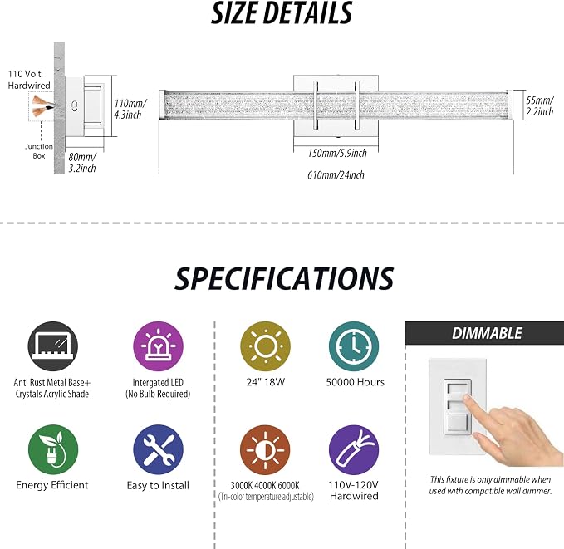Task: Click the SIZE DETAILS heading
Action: pyautogui.click(x=282, y=13)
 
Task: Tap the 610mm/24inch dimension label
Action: pyautogui.click(x=336, y=175)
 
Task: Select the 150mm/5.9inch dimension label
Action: pyautogui.click(x=337, y=154)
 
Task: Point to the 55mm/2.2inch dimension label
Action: pyautogui.click(x=540, y=105)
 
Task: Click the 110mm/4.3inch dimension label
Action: pyautogui.click(x=130, y=109)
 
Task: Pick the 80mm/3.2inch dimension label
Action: pyautogui.click(x=82, y=163)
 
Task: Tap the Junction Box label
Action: pyautogui.click(x=39, y=151)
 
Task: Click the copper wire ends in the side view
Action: pyautogui.click(x=43, y=106)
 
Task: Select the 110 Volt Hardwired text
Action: pyautogui.click(x=29, y=80)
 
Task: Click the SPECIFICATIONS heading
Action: pyautogui.click(x=284, y=278)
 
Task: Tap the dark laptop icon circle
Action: pyautogui.click(x=53, y=346)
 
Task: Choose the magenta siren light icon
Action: pyautogui.click(x=159, y=346)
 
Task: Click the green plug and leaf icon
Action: pyautogui.click(x=53, y=449)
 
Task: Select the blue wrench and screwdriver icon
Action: pyautogui.click(x=159, y=449)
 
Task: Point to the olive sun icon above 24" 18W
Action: pyautogui.click(x=266, y=346)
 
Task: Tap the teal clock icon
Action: pyautogui.click(x=354, y=346)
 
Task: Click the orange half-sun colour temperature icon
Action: pyautogui.click(x=265, y=449)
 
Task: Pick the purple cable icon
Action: pyautogui.click(x=354, y=449)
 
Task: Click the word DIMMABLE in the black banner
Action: pyautogui.click(x=487, y=333)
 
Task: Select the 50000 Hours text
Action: pyautogui.click(x=355, y=382)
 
